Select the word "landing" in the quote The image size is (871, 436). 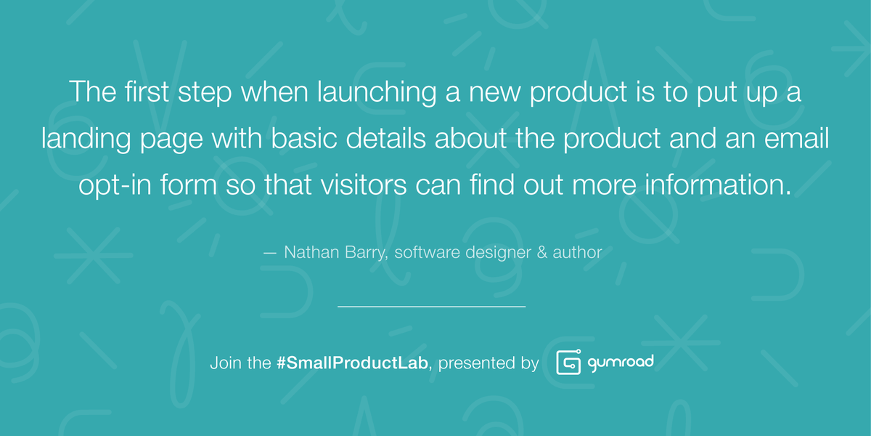click(x=84, y=140)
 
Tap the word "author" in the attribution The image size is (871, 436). click(x=578, y=253)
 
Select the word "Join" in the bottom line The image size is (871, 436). click(x=224, y=362)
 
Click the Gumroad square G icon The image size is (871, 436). click(x=569, y=363)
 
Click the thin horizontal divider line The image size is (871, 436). click(x=431, y=307)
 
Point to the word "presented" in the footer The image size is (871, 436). click(x=473, y=363)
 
